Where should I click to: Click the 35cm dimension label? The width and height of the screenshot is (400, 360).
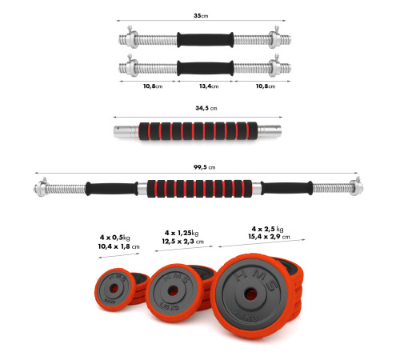point(201,16)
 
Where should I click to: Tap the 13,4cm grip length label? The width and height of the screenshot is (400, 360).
point(209,86)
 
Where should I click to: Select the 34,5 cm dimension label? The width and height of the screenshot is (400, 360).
point(206,108)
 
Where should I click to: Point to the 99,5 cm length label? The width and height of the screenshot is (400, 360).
point(204,167)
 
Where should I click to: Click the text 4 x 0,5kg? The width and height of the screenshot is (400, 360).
point(115,238)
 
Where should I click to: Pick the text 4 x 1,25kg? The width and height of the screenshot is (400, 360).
point(182,233)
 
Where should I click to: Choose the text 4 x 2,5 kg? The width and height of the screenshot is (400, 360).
point(267,229)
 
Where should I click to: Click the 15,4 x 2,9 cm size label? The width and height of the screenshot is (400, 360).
point(269,237)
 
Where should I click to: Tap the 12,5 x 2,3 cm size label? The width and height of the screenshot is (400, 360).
point(183,242)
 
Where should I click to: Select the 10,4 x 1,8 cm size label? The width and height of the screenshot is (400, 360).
point(118,246)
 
